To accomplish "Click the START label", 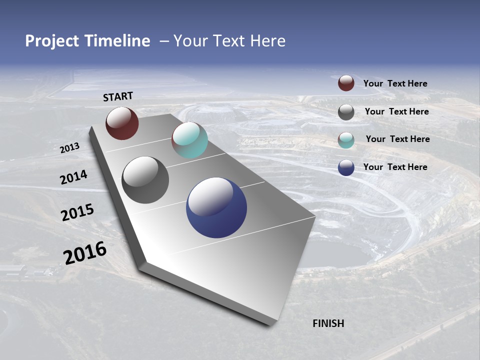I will click(x=118, y=96).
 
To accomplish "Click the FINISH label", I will click(x=328, y=323).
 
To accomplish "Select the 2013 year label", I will click(x=69, y=148).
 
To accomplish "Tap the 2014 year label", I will click(x=73, y=177).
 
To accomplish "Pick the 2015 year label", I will click(x=77, y=212).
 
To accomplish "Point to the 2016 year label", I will click(x=85, y=252).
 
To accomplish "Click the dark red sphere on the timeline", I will click(x=122, y=123).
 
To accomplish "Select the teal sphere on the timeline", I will click(x=189, y=140).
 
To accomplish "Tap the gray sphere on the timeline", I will click(x=145, y=179).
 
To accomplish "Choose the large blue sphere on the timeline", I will click(x=216, y=207).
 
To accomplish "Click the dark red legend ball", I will click(x=346, y=83).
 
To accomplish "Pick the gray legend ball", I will click(x=346, y=112).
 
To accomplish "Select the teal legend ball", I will click(x=346, y=139).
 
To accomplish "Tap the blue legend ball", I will click(x=346, y=167).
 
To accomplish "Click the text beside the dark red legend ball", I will click(x=395, y=83).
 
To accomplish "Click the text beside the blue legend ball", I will click(x=395, y=167).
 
